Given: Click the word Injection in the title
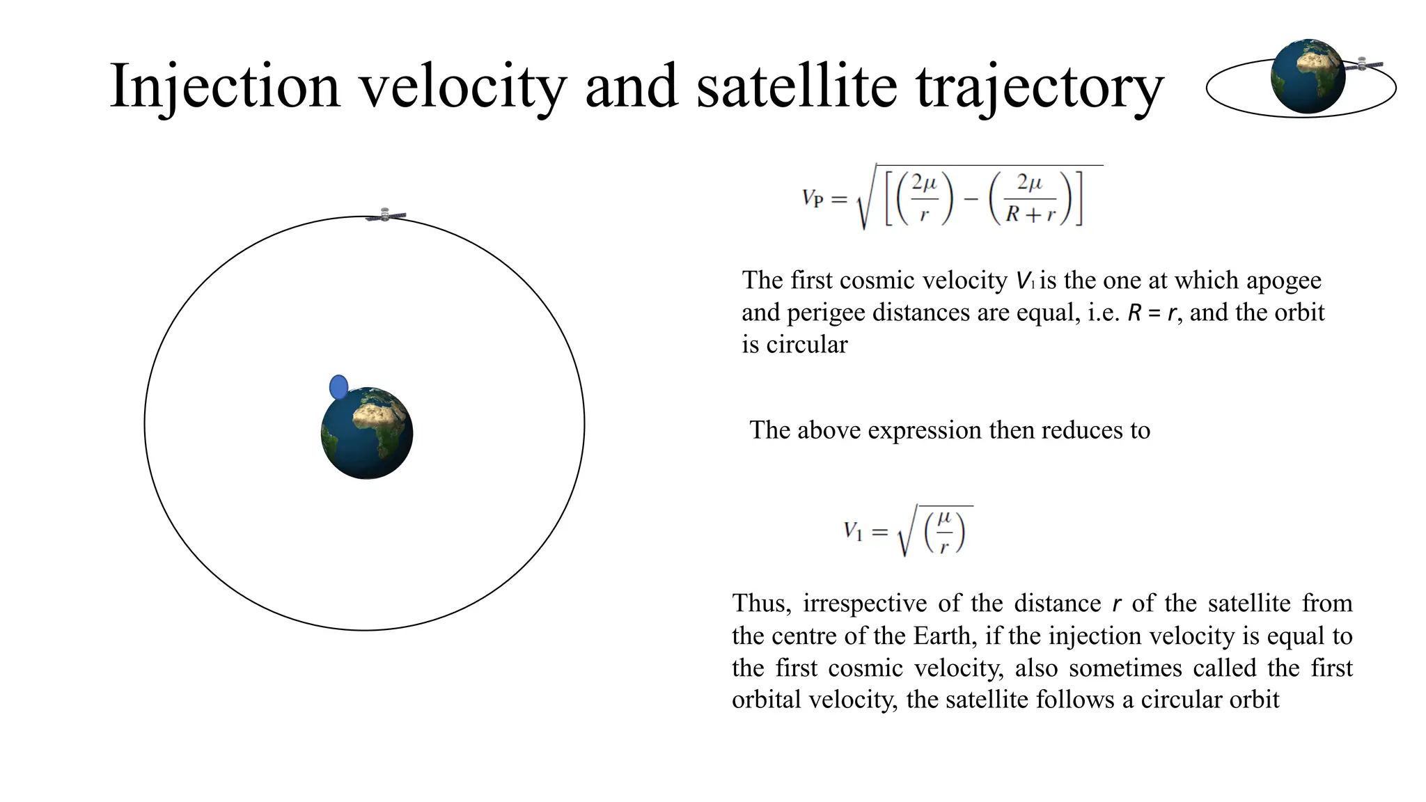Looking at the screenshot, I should [224, 86].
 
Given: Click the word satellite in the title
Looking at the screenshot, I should [797, 86].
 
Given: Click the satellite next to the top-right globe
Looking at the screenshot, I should [1363, 65].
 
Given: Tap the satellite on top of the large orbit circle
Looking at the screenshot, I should [386, 215].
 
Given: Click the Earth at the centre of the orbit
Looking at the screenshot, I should [367, 433].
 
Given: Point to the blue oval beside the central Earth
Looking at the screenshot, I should [338, 387].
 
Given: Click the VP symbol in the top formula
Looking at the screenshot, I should [813, 198].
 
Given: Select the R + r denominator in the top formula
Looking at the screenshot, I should [1031, 214].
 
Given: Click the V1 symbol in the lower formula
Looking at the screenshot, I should [853, 532].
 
